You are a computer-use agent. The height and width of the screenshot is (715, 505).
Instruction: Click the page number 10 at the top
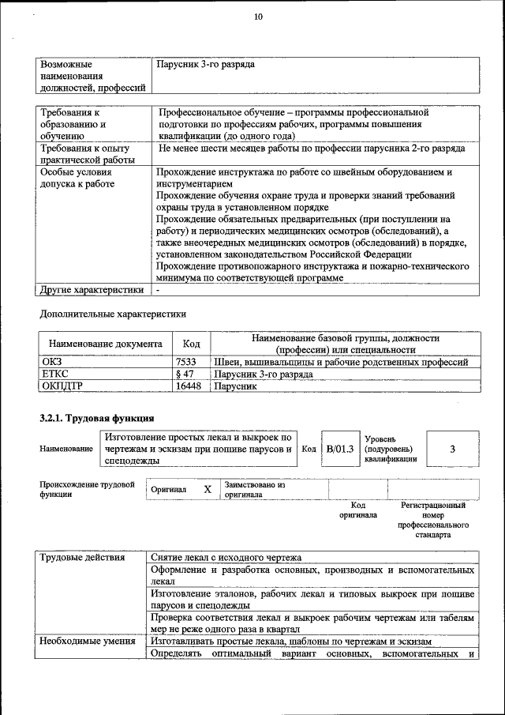coord(258,17)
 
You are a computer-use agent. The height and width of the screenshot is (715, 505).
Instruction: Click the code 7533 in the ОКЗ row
coord(185,362)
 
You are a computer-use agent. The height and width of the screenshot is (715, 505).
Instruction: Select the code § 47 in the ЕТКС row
coord(185,374)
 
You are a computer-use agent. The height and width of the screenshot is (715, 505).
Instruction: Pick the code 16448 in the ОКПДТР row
coord(187,387)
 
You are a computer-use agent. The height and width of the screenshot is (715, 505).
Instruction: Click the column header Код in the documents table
coord(191,344)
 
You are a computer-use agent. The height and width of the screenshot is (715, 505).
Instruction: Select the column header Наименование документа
coord(106,344)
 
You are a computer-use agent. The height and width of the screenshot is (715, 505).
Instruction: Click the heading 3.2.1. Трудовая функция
coord(96,416)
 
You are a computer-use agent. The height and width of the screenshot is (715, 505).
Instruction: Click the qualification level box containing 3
coord(452,449)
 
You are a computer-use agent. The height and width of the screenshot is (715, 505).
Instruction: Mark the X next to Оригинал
coord(208,489)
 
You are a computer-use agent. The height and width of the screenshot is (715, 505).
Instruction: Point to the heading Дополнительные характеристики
coord(112,314)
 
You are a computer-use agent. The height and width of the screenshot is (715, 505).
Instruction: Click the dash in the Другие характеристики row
coord(158,290)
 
